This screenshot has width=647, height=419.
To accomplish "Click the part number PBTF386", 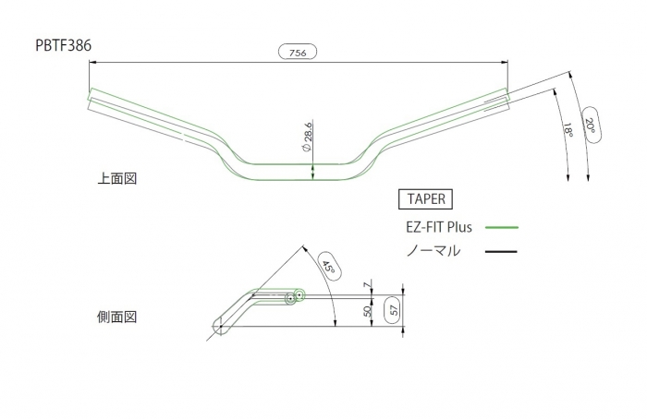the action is [63, 45].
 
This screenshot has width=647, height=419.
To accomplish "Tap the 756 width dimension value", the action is [298, 53].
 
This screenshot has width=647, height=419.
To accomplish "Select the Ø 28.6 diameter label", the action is [307, 137].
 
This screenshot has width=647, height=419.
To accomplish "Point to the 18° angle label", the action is [568, 130].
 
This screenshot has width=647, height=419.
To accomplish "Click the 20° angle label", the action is [591, 126].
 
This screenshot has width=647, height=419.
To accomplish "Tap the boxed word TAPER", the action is [426, 199].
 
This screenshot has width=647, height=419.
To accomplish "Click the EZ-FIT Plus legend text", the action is [439, 227].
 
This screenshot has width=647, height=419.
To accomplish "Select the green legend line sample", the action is [502, 227].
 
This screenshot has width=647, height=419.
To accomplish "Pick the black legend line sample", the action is [501, 251].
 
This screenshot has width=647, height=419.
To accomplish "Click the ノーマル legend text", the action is [433, 250].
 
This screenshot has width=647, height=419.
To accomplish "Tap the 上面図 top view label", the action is [117, 178].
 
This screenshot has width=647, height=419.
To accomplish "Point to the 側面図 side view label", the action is [116, 317].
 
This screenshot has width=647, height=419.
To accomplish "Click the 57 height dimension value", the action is [395, 309].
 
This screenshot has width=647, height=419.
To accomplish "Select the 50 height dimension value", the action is [368, 311].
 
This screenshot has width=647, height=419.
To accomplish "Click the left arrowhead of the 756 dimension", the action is [92, 62].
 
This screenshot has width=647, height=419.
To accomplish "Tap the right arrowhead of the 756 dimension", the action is [505, 62].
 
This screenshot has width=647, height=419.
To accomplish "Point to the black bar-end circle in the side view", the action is [290, 299].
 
